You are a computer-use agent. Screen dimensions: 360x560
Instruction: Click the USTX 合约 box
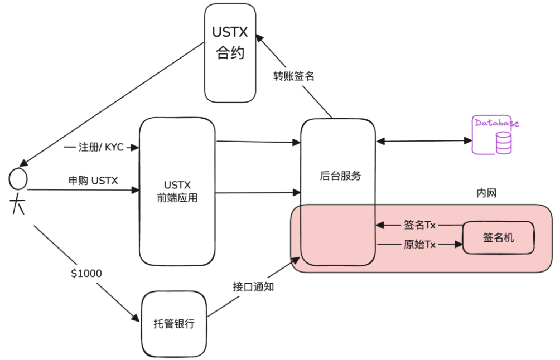[230, 53]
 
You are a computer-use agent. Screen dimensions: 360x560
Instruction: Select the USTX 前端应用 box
[177, 191]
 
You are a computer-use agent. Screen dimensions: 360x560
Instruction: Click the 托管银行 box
[173, 323]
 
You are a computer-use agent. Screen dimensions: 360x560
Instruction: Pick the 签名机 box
[498, 238]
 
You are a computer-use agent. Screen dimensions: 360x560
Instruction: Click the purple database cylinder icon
[504, 143]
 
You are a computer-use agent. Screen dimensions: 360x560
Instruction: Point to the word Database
[496, 123]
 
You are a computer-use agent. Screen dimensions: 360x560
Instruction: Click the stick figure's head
[18, 178]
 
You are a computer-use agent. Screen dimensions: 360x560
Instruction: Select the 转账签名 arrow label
[294, 76]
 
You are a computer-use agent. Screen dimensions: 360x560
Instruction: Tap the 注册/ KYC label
[101, 147]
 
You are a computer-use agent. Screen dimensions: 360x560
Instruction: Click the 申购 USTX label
[93, 180]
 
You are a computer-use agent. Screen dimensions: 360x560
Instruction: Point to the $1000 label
[86, 273]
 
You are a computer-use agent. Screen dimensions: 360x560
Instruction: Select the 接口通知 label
[253, 288]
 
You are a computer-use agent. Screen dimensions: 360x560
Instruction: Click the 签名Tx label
[419, 225]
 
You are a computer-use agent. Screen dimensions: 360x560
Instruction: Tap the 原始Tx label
[419, 244]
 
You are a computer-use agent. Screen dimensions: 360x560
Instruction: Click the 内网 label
[486, 193]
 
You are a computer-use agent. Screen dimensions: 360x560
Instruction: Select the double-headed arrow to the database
[424, 142]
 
